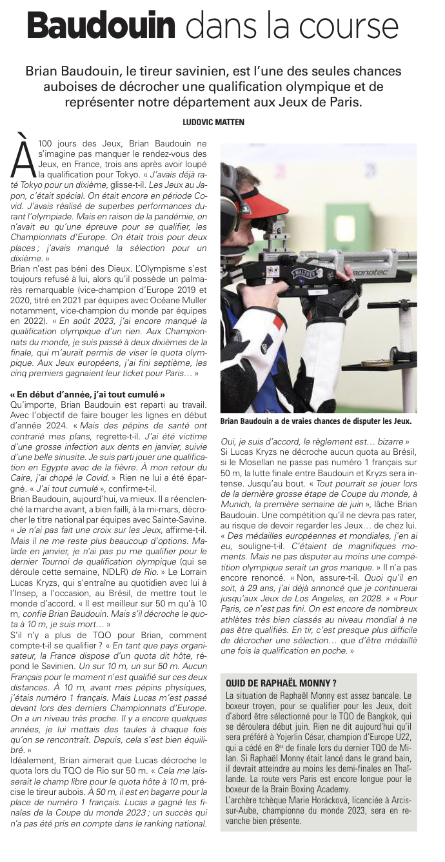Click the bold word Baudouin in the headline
click(x=102, y=27)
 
